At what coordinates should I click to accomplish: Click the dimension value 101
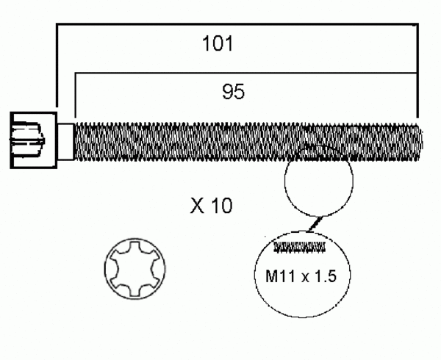tap(218, 43)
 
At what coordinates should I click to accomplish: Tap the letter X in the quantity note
tap(196, 206)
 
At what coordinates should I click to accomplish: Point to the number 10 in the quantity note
tap(220, 206)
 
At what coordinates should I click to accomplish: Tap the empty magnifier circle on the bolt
tap(318, 180)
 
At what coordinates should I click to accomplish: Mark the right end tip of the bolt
tap(421, 139)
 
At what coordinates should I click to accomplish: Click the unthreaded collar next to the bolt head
tap(66, 140)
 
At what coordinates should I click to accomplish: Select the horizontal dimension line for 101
tap(235, 25)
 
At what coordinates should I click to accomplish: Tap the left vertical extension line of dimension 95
tap(74, 96)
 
